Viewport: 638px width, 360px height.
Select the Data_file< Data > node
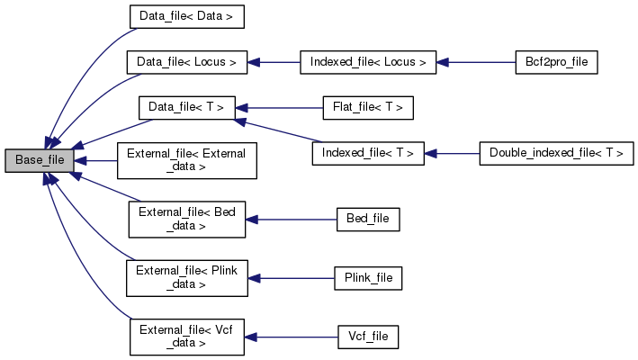(x=186, y=16)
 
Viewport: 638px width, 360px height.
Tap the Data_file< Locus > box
(x=186, y=62)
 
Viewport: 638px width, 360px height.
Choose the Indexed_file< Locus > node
(x=368, y=62)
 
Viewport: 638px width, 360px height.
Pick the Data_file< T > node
(x=186, y=108)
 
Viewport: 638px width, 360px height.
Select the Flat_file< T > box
(x=368, y=108)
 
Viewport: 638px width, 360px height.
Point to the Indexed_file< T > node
(x=368, y=153)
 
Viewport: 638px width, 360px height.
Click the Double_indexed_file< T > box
(x=556, y=153)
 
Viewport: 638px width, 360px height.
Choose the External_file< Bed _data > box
(x=186, y=220)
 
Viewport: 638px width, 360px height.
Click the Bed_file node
(x=367, y=219)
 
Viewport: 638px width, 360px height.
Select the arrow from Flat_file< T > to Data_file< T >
(x=279, y=108)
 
